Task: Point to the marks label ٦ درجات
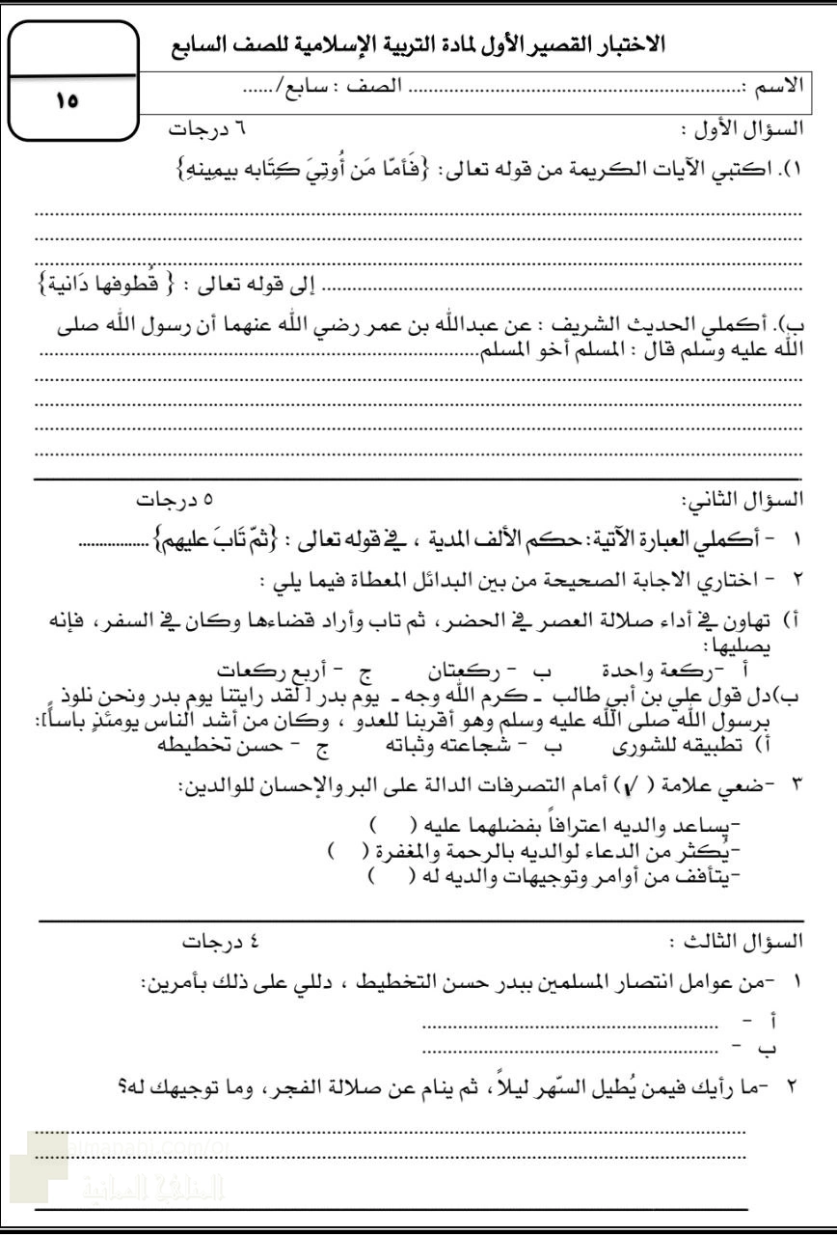[x=202, y=129]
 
